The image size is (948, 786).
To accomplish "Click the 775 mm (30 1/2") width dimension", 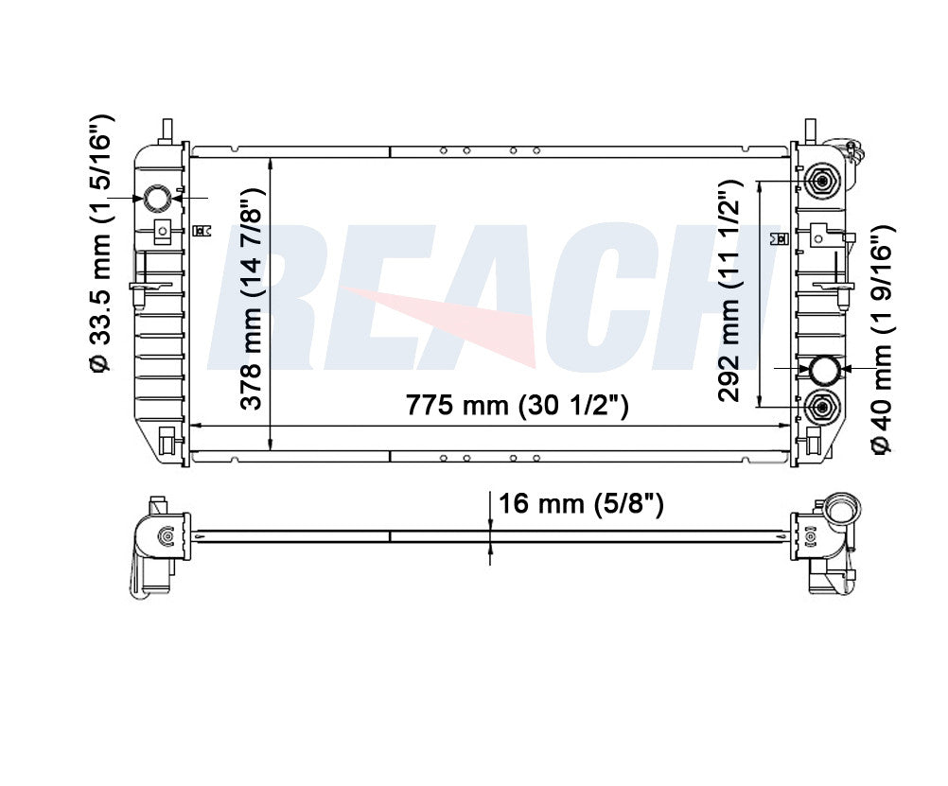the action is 517,405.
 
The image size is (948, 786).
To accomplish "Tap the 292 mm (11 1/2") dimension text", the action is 729,291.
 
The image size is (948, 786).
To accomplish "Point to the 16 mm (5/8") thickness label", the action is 581,503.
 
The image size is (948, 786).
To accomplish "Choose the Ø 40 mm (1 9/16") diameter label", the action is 882,339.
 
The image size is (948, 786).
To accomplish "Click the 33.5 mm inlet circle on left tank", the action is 157,198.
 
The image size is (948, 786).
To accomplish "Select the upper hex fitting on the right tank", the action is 821,181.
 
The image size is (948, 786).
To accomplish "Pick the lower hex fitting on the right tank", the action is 821,407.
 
